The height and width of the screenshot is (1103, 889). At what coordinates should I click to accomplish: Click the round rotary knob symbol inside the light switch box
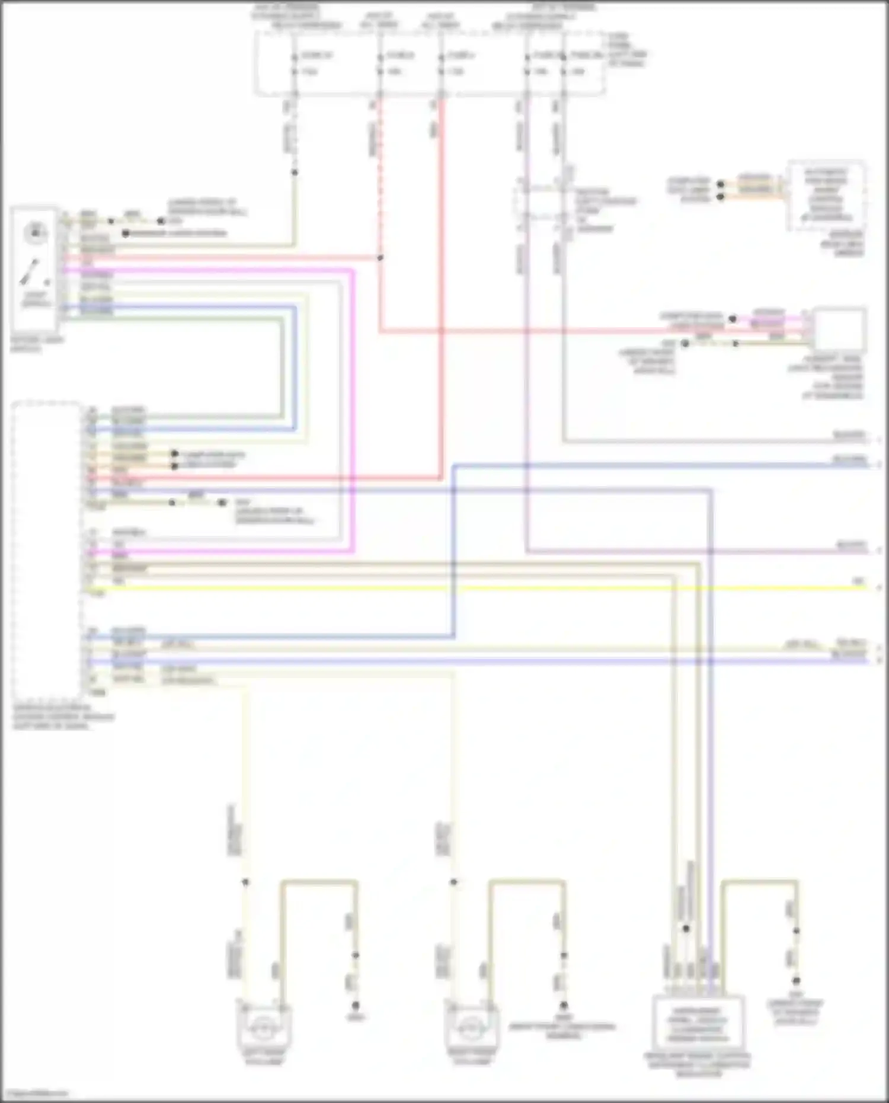[x=35, y=233]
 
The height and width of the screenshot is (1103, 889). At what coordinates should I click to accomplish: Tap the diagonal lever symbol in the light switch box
[x=30, y=272]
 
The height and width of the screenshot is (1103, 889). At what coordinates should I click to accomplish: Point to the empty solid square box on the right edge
[x=839, y=330]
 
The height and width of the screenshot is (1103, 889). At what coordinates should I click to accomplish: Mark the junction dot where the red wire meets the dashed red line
[x=380, y=258]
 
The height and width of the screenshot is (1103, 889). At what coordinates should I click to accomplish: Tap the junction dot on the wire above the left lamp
[x=245, y=883]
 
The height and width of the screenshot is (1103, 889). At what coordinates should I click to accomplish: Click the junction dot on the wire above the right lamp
[x=453, y=883]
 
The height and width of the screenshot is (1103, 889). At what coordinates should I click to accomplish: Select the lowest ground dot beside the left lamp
[x=356, y=1006]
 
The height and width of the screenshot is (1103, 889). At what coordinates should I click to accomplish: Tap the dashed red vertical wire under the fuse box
[x=380, y=178]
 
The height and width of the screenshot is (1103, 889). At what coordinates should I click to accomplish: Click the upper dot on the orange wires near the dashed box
[x=721, y=184]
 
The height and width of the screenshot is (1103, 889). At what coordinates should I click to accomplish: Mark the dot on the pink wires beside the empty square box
[x=733, y=319]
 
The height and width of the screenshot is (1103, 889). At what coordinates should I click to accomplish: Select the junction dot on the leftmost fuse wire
[x=294, y=172]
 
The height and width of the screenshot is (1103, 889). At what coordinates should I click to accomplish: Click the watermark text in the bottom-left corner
[x=34, y=1094]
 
